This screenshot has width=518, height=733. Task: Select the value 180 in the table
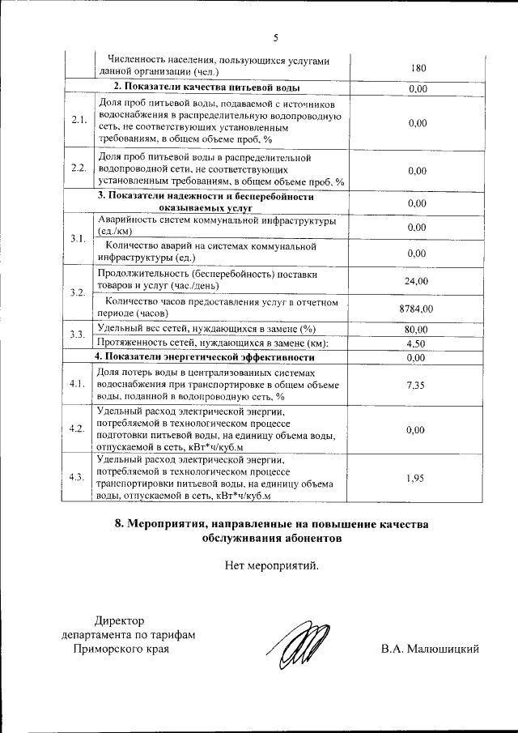[418, 68]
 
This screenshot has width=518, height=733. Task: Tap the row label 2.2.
[79, 168]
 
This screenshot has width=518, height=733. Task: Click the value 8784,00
[417, 309]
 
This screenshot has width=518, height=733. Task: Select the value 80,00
[417, 329]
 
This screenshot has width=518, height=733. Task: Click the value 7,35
[417, 385]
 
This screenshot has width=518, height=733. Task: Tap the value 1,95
[417, 478]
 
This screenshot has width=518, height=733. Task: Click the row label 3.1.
[79, 239]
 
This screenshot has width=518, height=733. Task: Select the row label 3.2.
[79, 292]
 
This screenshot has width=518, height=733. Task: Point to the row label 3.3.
[79, 335]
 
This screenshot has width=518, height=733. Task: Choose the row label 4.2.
[79, 429]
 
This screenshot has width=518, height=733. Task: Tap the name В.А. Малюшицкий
[431, 649]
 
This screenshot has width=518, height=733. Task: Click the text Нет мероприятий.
[272, 565]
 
